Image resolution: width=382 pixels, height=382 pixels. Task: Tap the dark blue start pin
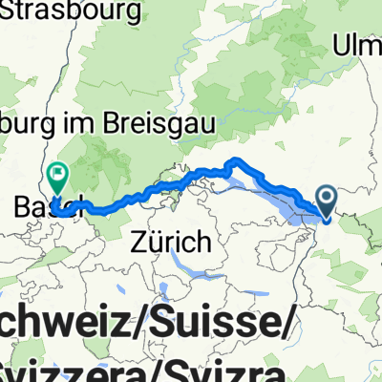tap(326, 202)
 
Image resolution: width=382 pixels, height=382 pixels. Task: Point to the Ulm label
tap(359, 44)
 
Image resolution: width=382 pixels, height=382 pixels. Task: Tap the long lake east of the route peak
tap(286, 191)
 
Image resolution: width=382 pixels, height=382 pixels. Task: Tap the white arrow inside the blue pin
tap(326, 199)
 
